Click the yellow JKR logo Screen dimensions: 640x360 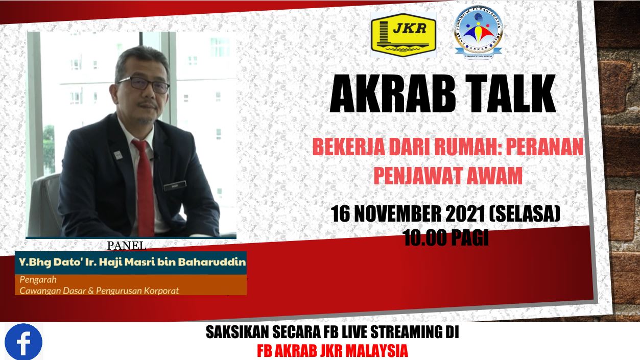404,35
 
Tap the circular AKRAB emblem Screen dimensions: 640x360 478,32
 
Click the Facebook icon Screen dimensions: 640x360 23,342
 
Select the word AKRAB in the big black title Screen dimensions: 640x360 393,93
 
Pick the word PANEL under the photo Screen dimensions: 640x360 127,246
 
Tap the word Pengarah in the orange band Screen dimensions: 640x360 38,279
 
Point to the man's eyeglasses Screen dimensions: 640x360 144,84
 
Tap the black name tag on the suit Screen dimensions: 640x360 175,186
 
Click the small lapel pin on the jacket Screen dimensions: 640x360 117,155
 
